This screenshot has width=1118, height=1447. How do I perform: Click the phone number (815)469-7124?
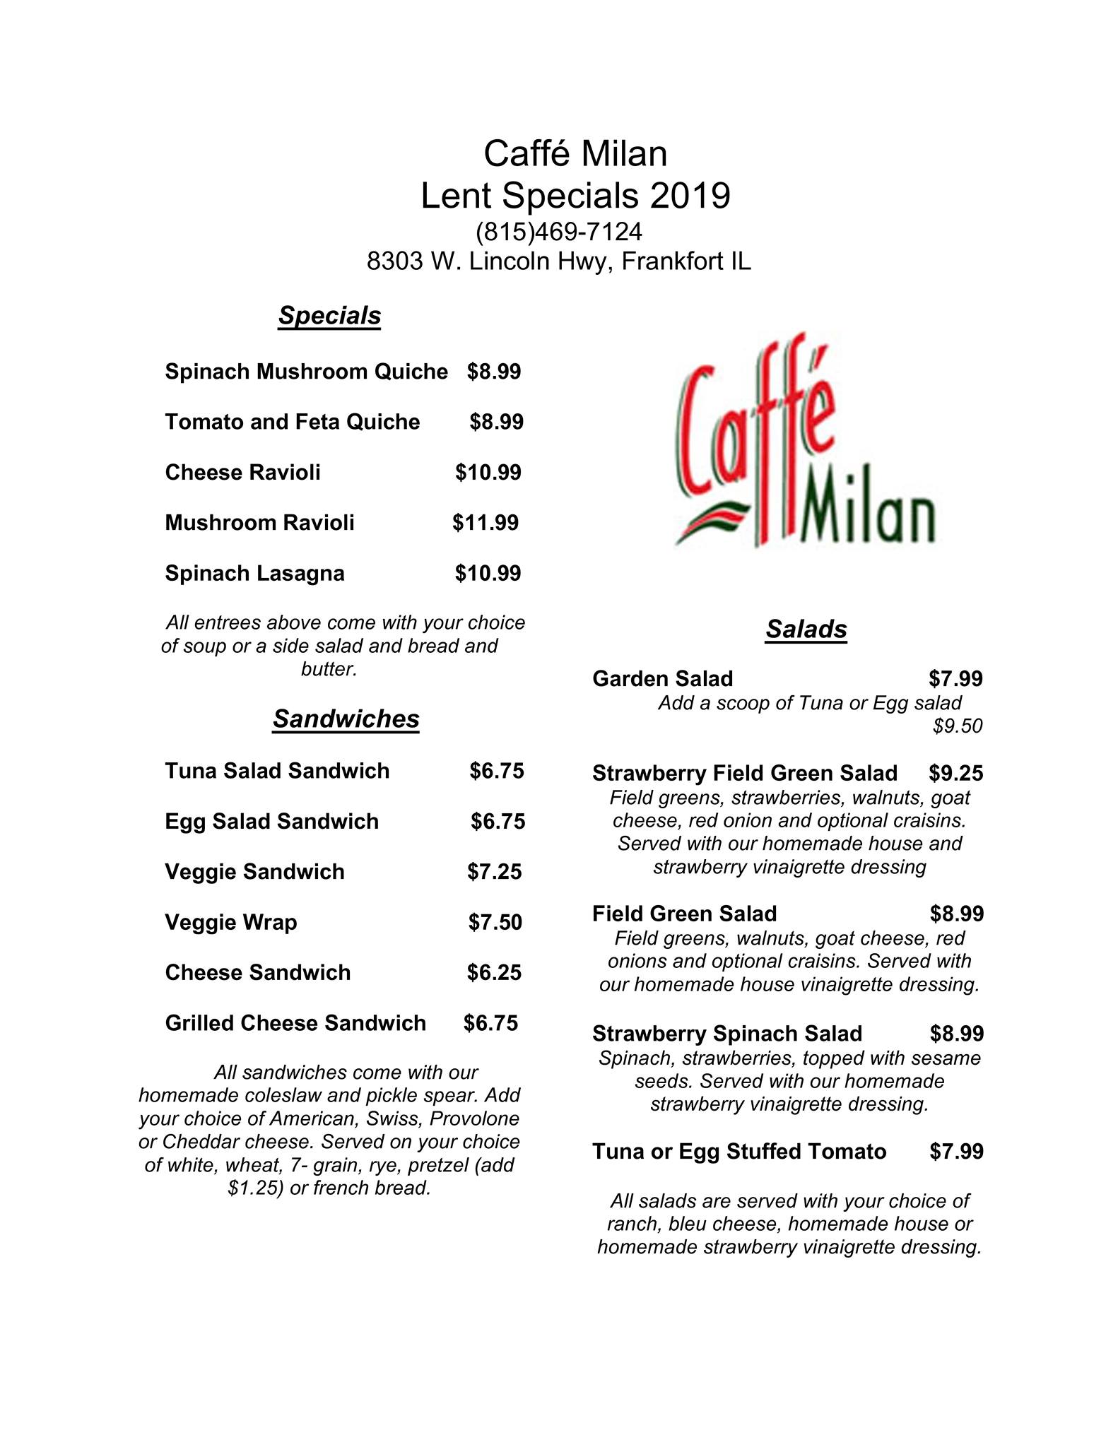558,232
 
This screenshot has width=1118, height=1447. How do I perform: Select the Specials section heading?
329,316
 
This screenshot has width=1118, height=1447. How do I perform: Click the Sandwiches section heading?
346,719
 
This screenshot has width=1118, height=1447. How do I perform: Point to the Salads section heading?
806,629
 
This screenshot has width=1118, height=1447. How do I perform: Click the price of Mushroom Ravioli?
486,523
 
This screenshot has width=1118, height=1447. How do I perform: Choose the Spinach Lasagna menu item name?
254,573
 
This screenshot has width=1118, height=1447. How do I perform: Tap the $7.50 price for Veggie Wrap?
495,922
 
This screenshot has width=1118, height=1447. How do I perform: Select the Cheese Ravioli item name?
242,472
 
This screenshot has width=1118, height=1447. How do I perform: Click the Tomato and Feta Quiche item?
292,422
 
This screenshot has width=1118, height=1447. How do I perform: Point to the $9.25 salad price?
955,773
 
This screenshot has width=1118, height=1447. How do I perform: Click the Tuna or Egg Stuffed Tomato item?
739,1152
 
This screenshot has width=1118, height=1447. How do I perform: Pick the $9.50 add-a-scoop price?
958,726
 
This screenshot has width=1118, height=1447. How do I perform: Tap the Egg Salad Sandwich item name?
271,821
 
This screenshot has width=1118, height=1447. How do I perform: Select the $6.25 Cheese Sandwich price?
494,973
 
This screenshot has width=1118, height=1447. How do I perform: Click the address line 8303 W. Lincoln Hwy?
558,261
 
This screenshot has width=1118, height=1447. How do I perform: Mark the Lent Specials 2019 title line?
575,196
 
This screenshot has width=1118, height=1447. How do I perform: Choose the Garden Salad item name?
662,679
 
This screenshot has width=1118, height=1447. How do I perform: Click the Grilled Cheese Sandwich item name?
295,1023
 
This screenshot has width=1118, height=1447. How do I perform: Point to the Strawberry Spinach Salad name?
726,1034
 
